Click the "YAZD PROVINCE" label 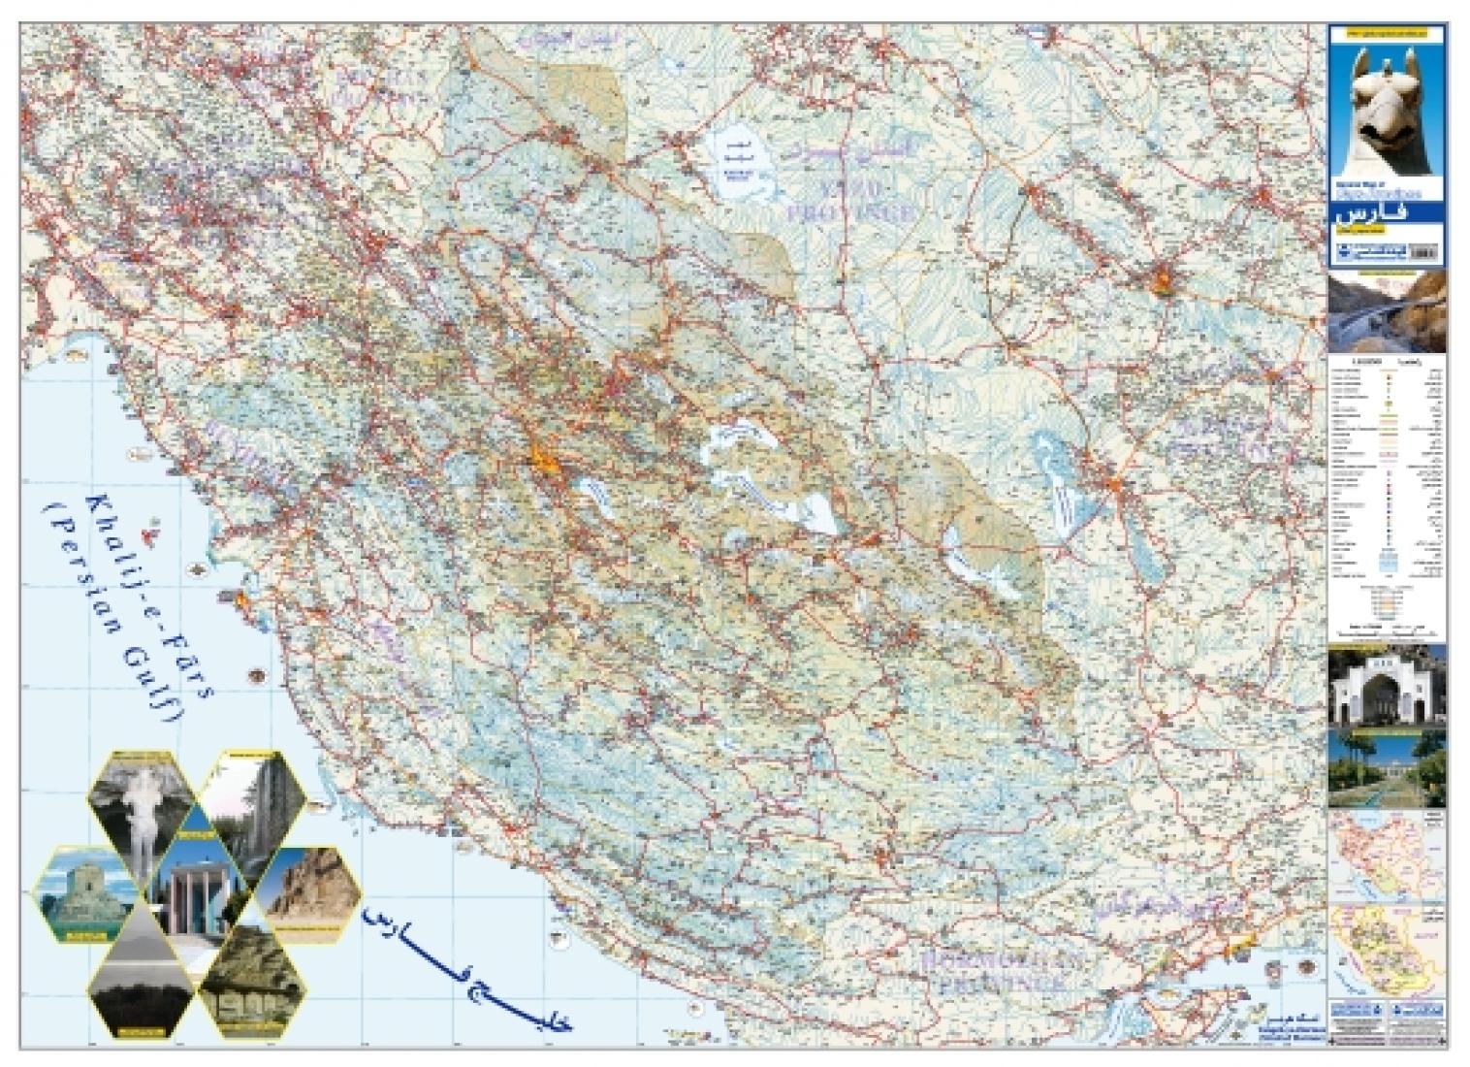tap(849, 199)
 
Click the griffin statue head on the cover tap(1388, 107)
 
